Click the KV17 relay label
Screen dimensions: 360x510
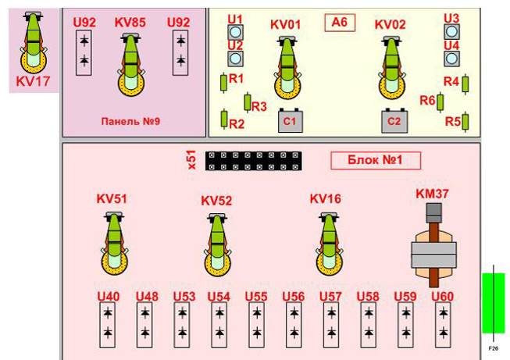tap(32, 80)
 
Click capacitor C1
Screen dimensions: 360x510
tap(290, 121)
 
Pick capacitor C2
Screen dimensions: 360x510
tap(394, 121)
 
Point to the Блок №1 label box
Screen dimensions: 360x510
tap(375, 161)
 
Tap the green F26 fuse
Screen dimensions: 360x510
tap(493, 303)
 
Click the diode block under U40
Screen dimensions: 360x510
tap(108, 324)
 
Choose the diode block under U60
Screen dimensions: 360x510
tap(443, 324)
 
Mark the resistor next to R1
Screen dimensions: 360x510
tap(224, 81)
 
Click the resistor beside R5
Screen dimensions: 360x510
tap(465, 121)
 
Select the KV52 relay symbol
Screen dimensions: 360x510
tap(218, 245)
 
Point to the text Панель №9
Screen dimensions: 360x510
tap(130, 121)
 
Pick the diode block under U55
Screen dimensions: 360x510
tap(257, 324)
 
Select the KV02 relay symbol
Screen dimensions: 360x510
tap(391, 66)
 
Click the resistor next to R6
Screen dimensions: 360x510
tap(440, 102)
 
